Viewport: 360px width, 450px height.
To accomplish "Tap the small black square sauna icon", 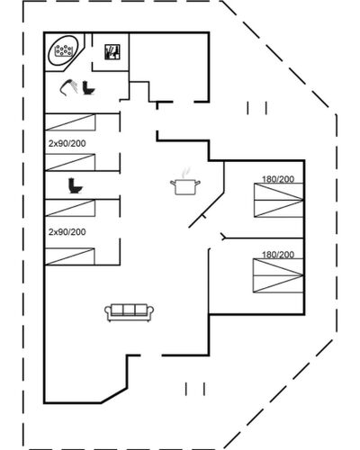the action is pos(112,52).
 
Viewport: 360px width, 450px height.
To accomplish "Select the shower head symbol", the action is pos(68,87).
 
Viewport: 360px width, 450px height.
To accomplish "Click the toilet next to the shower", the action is pos(88,88).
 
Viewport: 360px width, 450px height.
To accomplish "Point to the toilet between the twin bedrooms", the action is pos(75,185).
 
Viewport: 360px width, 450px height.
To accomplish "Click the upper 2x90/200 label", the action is pos(67,143).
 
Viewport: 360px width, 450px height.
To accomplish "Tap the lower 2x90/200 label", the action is pos(67,232).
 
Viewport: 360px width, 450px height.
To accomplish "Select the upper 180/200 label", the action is pos(278,179).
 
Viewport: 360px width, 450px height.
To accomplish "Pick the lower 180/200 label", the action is pos(278,255).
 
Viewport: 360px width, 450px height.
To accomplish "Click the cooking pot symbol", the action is pos(185,186).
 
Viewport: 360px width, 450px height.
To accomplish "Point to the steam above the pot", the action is pos(185,173).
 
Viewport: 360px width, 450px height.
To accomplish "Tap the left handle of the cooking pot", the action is pos(173,182).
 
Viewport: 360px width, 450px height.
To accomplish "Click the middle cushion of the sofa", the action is pos(129,310).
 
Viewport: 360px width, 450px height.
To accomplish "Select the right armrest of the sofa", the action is pos(150,311).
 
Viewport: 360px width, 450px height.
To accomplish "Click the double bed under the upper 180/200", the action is pos(279,200).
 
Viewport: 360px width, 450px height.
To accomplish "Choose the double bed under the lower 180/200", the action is pos(278,275).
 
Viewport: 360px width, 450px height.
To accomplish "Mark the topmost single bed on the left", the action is pos(70,122).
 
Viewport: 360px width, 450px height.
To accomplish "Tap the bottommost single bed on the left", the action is pos(69,256).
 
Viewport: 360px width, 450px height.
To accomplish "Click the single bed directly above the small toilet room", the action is pos(70,162).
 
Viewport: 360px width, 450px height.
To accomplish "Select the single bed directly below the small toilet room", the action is pos(70,208).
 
